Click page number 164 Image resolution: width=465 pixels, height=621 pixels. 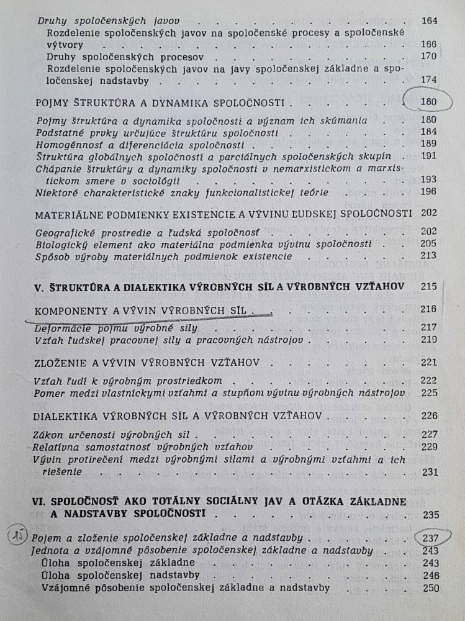(429, 20)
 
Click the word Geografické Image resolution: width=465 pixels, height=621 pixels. (65, 231)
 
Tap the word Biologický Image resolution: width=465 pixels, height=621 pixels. (61, 243)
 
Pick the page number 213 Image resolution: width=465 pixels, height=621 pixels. (428, 255)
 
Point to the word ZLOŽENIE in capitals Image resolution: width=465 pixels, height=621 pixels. (60, 362)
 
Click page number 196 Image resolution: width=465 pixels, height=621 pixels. (428, 192)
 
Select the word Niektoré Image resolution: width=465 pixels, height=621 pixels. (58, 193)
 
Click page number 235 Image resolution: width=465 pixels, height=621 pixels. (429, 514)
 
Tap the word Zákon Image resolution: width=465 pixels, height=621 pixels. (50, 434)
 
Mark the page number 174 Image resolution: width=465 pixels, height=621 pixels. (429, 79)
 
